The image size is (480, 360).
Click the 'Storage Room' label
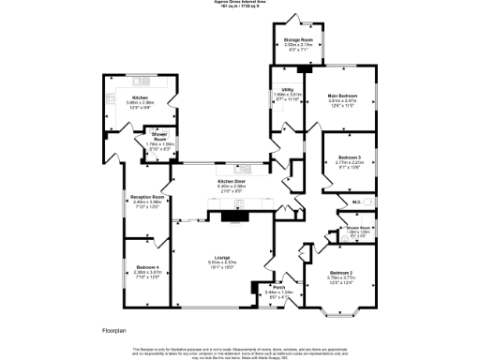click(300, 38)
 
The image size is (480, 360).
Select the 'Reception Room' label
click(148, 196)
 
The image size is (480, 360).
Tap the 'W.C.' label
click(357, 202)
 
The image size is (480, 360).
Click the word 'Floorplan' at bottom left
click(113, 331)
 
